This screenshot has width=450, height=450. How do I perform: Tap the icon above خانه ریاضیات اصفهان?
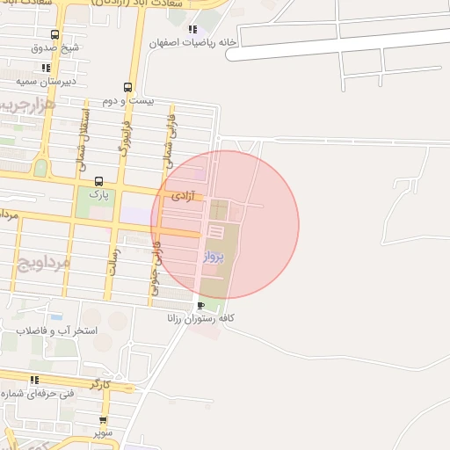pyautogui.click(x=192, y=30)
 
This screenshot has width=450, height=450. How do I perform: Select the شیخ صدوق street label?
pyautogui.click(x=56, y=47)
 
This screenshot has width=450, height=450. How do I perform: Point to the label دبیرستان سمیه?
pyautogui.click(x=46, y=81)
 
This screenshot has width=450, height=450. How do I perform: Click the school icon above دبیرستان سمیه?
pyautogui.click(x=46, y=68)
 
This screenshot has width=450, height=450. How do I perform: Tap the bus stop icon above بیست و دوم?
pyautogui.click(x=128, y=87)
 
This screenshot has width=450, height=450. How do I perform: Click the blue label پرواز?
pyautogui.click(x=214, y=258)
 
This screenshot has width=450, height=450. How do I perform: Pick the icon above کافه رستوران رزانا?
pyautogui.click(x=202, y=305)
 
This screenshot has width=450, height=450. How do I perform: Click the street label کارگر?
pyautogui.click(x=99, y=384)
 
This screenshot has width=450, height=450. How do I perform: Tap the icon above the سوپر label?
pyautogui.click(x=103, y=420)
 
